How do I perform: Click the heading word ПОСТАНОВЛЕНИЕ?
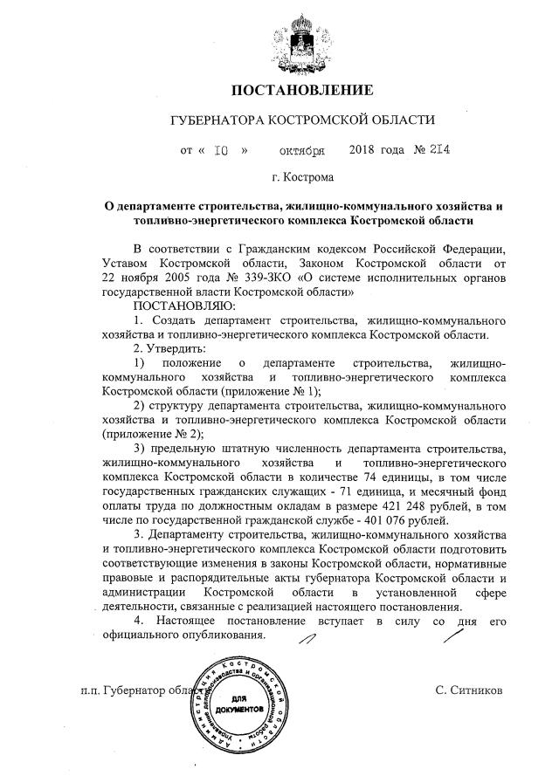[301, 90]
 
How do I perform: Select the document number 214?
[438, 149]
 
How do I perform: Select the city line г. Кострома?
[302, 178]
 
